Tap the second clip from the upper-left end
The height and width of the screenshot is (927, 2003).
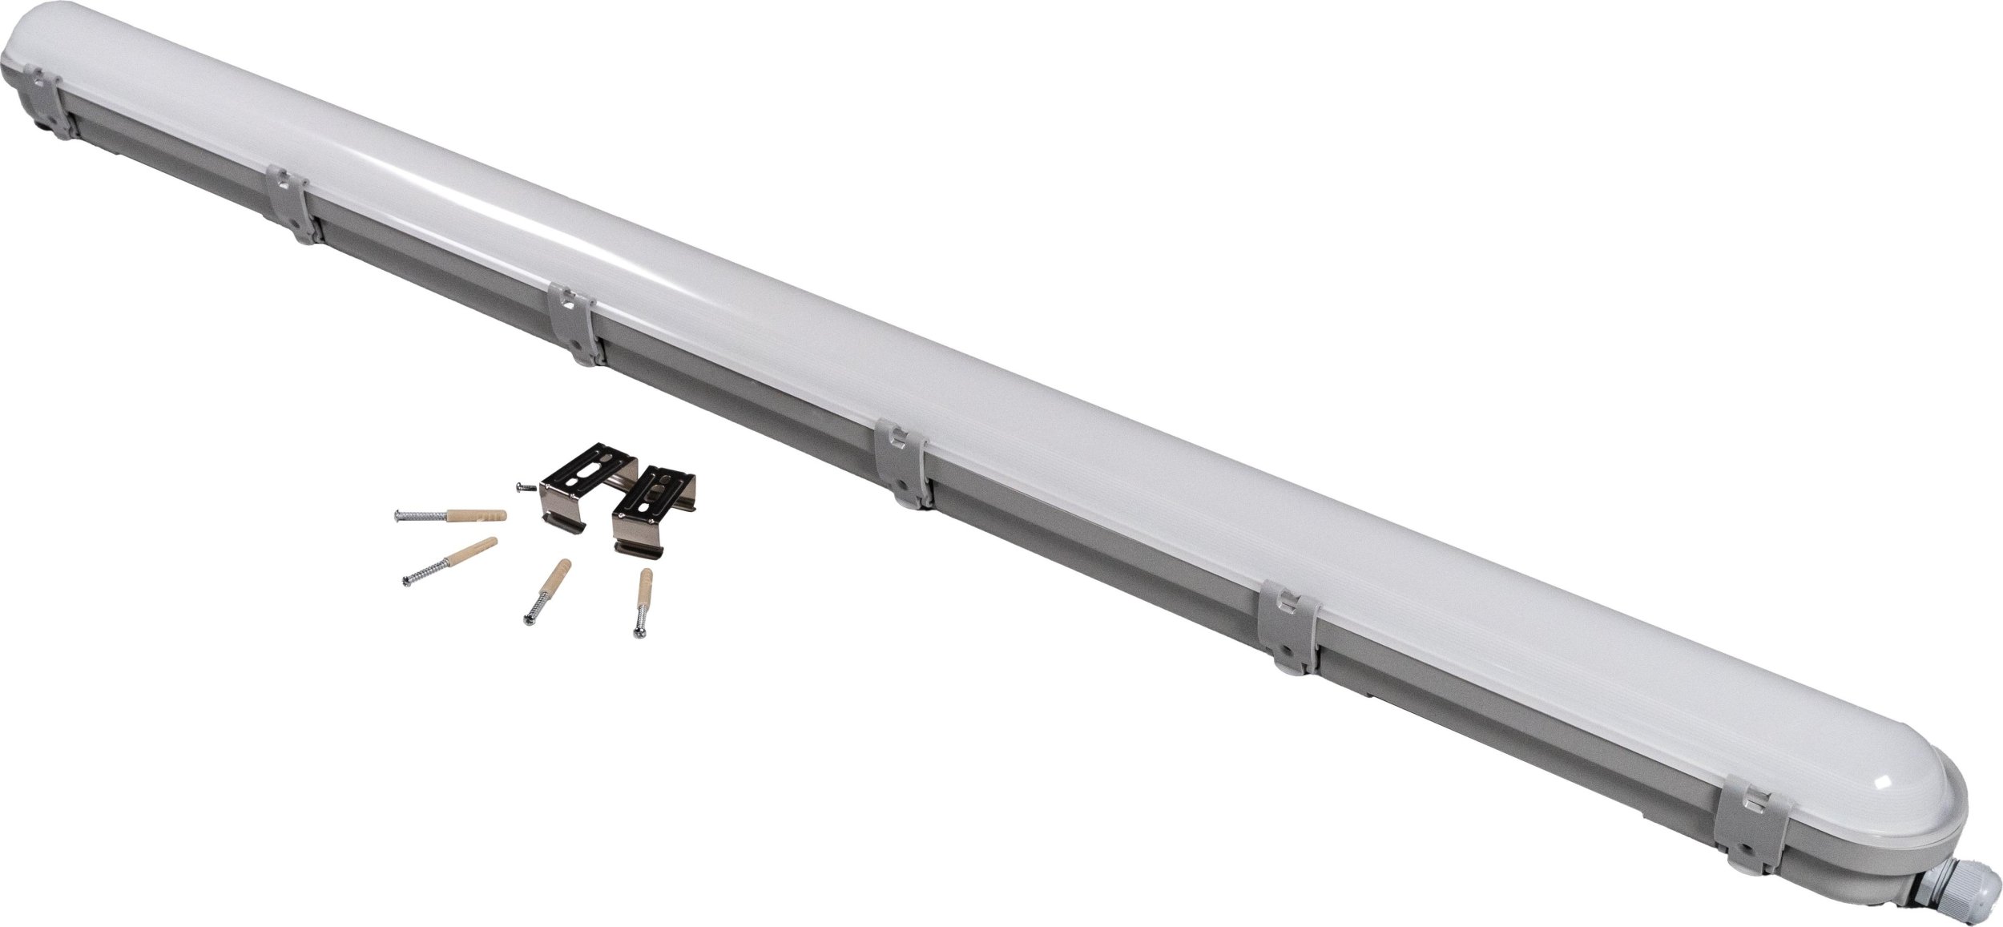coord(294,204)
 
